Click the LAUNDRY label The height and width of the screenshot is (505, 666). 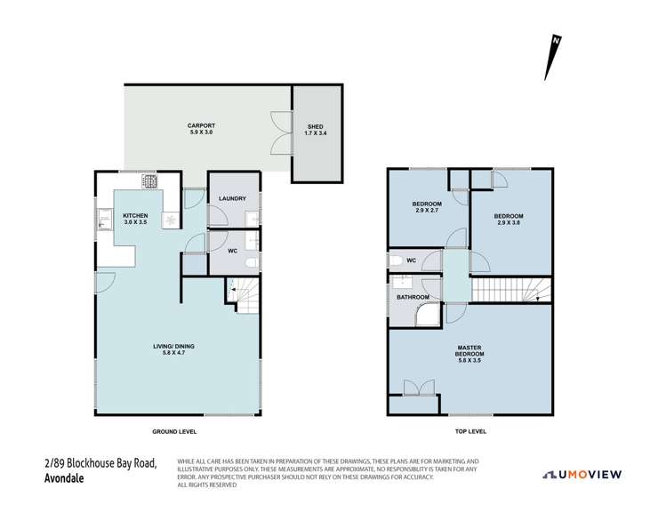(230, 211)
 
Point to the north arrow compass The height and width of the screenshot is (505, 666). (553, 58)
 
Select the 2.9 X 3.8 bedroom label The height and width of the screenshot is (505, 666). (509, 220)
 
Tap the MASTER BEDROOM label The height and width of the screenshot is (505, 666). (469, 353)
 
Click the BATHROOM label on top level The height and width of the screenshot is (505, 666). (413, 297)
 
